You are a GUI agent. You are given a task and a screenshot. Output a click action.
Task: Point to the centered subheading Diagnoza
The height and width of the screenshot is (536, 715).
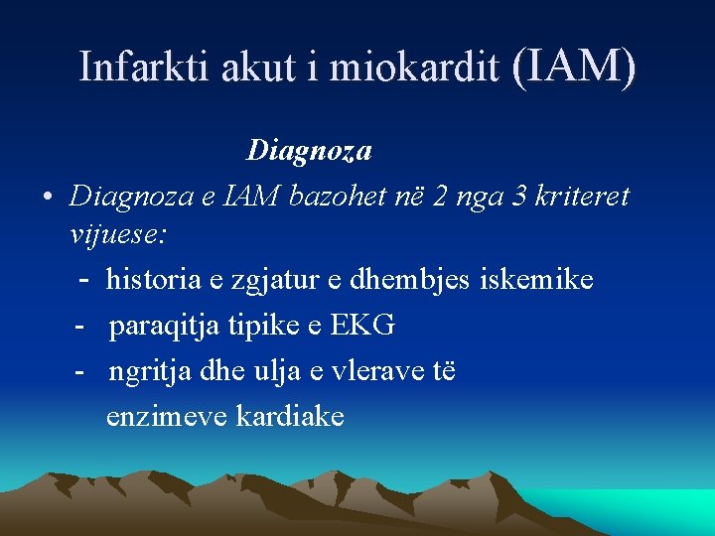point(309,151)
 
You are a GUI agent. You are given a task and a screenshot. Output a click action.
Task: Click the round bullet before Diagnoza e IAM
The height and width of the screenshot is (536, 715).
point(47,197)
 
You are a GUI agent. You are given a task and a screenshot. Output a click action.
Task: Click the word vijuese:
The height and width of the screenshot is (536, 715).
point(118,235)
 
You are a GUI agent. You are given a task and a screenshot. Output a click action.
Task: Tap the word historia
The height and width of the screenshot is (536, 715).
point(154,280)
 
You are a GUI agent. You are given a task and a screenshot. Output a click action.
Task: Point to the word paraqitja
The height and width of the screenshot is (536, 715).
point(161,325)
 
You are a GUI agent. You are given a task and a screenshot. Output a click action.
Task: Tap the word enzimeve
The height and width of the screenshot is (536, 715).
point(167,415)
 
